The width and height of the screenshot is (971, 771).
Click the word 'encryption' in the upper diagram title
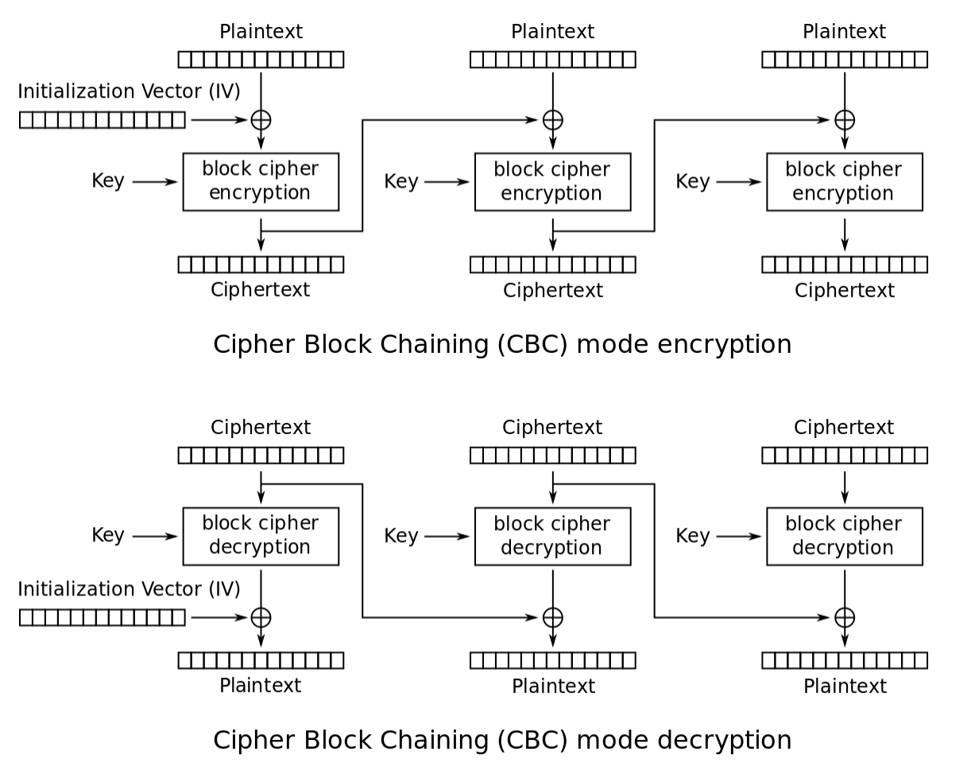tap(724, 345)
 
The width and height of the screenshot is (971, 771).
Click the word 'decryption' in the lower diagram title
tap(724, 741)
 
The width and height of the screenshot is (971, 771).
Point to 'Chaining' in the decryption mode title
tap(434, 741)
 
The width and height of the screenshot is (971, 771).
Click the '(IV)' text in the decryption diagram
tap(224, 589)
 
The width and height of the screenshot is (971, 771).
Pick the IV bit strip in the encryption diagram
tap(102, 120)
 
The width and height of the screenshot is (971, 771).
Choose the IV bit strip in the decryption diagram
tap(102, 618)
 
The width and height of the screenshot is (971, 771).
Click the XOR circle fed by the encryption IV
tap(261, 110)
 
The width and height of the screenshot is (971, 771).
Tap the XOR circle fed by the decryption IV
tap(261, 607)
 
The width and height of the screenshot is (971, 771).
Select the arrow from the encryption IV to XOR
tap(219, 120)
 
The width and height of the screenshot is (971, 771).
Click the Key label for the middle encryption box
tap(400, 181)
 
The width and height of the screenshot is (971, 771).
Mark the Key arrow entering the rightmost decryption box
tap(739, 537)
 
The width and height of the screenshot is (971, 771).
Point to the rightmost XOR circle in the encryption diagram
tap(845, 110)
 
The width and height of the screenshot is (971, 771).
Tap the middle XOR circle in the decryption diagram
tap(553, 607)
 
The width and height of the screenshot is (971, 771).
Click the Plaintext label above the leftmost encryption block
tap(261, 32)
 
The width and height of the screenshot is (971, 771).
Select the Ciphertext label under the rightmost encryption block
tap(845, 290)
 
